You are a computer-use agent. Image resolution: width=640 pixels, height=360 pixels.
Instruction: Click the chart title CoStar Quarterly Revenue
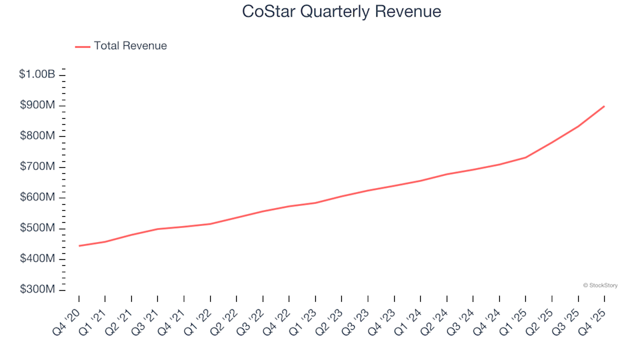point(341,12)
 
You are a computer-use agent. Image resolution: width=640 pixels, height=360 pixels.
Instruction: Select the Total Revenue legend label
point(130,46)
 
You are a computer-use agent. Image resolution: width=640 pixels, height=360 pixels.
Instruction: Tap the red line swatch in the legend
point(83,47)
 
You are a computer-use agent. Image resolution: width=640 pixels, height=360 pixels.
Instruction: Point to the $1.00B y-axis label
point(37,75)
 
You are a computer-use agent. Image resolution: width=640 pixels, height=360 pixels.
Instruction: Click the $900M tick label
point(39,105)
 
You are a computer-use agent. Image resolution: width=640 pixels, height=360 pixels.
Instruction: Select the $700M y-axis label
point(39,167)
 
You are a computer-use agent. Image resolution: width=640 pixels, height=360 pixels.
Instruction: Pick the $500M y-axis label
point(39,228)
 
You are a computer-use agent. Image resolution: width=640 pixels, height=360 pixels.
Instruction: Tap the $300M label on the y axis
point(39,289)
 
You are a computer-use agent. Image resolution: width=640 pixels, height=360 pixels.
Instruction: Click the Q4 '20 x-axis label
point(69,319)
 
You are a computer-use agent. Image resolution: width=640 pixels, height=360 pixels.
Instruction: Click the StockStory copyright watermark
point(600,285)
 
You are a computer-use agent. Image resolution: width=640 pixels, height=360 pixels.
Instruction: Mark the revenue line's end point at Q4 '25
point(604,106)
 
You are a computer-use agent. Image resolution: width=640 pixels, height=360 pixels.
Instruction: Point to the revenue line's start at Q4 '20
point(79,246)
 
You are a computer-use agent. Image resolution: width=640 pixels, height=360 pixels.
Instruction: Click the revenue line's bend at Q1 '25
point(525,157)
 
